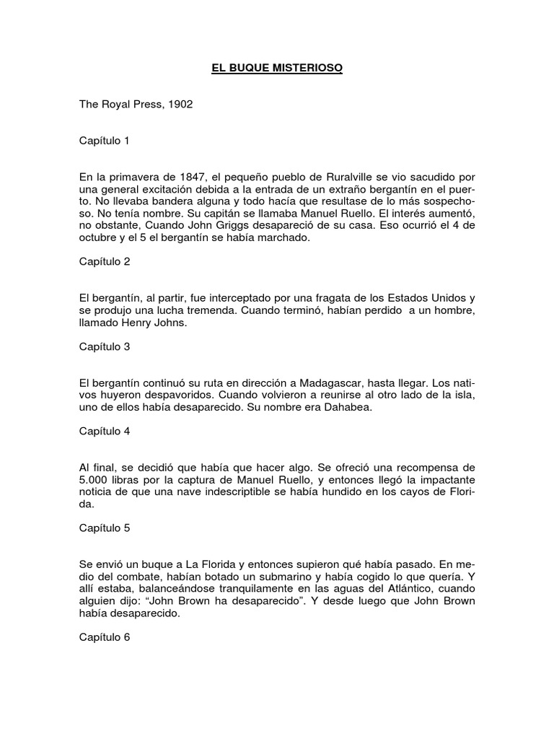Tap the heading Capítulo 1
pyautogui.click(x=105, y=140)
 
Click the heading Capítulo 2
pyautogui.click(x=105, y=261)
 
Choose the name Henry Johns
pyautogui.click(x=155, y=323)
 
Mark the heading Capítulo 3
pyautogui.click(x=105, y=346)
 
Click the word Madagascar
pyautogui.click(x=320, y=383)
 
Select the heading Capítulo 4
pyautogui.click(x=105, y=432)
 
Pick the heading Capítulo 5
pyautogui.click(x=105, y=528)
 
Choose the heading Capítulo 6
pyautogui.click(x=105, y=637)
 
